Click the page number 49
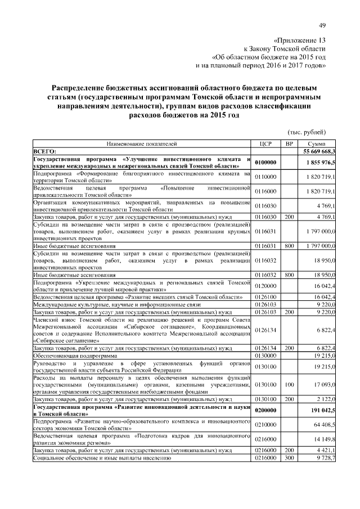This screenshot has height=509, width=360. tap(322, 25)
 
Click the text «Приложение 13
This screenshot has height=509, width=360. tap(299, 41)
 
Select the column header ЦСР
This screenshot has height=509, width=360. tap(267, 144)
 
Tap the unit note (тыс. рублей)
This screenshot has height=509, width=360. tap(307, 132)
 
